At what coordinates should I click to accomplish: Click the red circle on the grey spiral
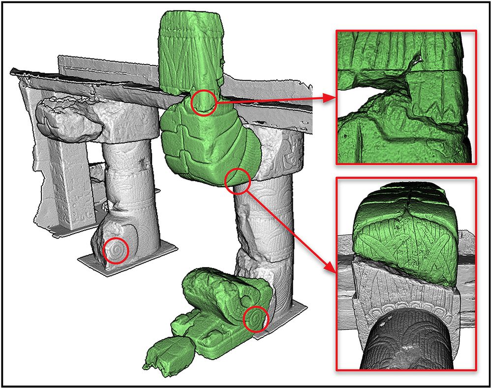[116, 251]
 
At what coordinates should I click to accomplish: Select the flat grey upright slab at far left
[64, 187]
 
